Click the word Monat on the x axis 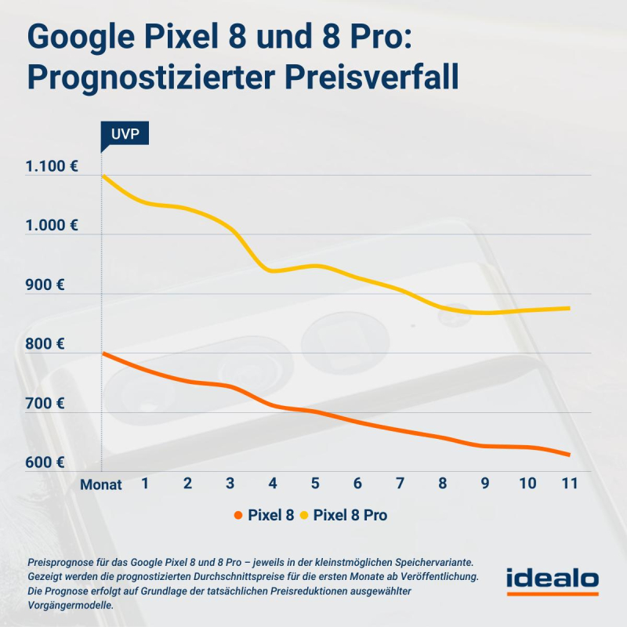[x=101, y=484]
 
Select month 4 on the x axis [x=273, y=483]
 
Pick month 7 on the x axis [x=400, y=483]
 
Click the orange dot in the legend [x=238, y=516]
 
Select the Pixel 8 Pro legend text [x=350, y=516]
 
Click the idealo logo [x=552, y=581]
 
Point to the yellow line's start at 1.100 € [x=103, y=176]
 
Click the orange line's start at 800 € [x=103, y=353]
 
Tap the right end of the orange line [x=569, y=455]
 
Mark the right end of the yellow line [x=569, y=308]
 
